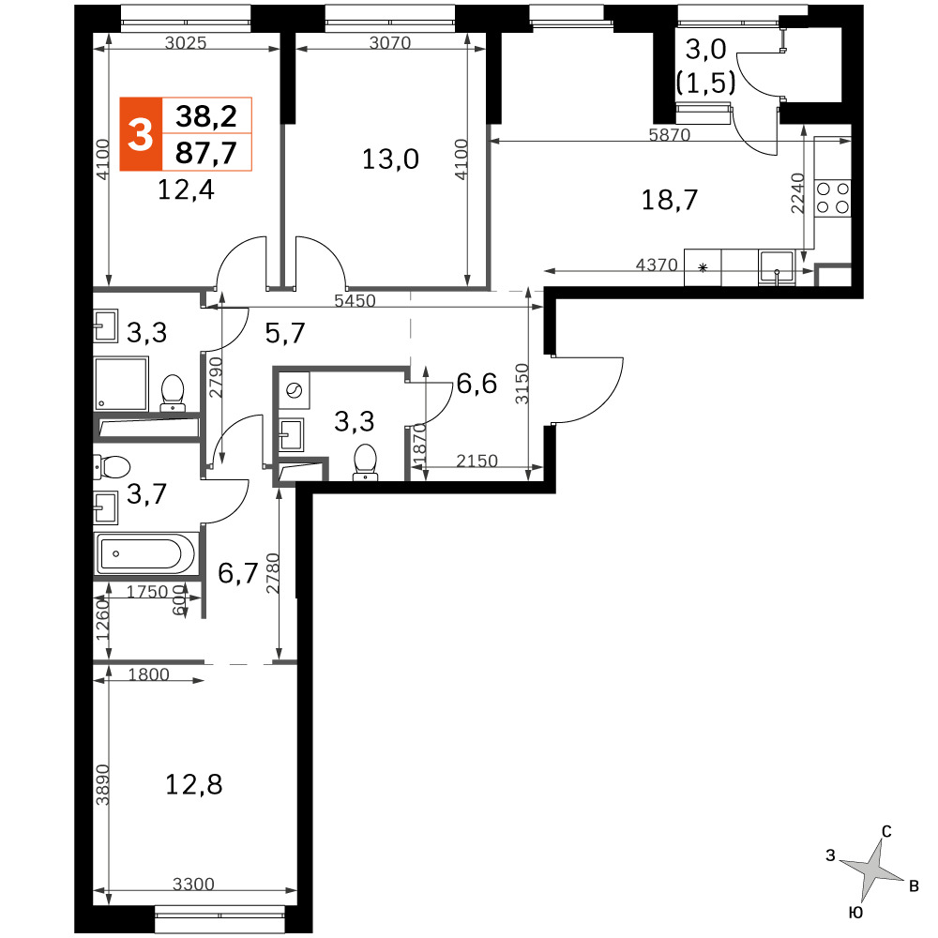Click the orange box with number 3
tap(141, 134)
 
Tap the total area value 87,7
tap(205, 153)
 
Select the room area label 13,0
tap(390, 159)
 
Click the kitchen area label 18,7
tap(670, 200)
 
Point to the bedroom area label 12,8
tap(194, 784)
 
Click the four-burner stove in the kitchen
tap(833, 198)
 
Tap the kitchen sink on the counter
tap(777, 266)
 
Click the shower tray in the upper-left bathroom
tap(121, 384)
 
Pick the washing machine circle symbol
tap(295, 390)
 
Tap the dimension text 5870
tap(670, 134)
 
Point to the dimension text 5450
tap(355, 300)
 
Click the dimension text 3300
tap(193, 884)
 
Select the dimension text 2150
tap(477, 461)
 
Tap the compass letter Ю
tap(856, 913)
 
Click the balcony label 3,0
tap(706, 49)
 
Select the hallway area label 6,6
tap(477, 384)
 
